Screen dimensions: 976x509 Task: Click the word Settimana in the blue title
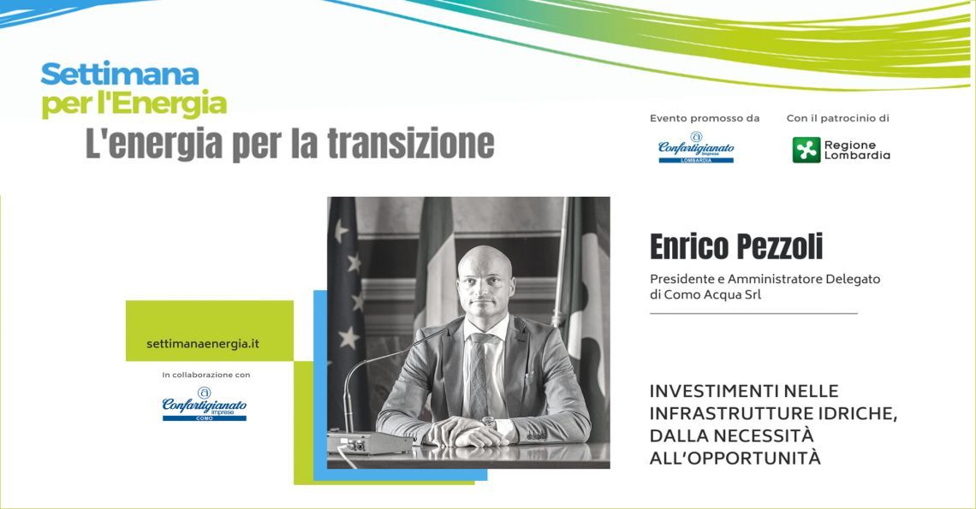(120, 74)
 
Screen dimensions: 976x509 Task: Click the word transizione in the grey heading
(411, 144)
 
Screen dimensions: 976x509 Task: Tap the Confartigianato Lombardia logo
(696, 147)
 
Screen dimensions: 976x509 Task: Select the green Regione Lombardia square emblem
(806, 150)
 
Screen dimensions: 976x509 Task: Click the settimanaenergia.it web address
(203, 344)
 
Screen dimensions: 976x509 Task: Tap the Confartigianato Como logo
(204, 404)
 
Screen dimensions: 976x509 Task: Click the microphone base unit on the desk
(369, 442)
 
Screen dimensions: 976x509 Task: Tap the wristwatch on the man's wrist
(489, 423)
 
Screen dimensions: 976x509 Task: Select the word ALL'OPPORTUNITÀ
(735, 458)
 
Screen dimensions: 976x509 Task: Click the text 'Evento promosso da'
(705, 118)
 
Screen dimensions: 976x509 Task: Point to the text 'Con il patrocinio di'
(838, 118)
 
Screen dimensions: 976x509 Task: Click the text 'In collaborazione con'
(206, 375)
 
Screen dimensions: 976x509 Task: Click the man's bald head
(485, 262)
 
